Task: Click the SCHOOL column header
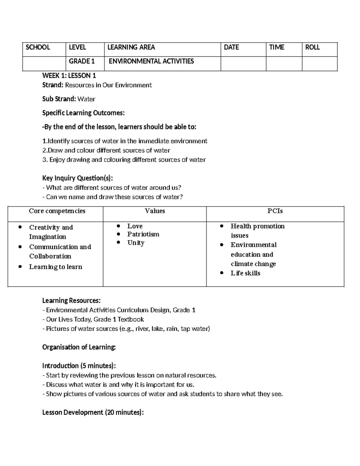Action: pos(38,47)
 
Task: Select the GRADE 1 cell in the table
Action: pos(82,61)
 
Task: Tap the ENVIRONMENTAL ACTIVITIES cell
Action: pos(151,61)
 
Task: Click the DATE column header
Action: pos(231,47)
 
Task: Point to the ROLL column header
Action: pos(312,47)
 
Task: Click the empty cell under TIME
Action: pos(284,64)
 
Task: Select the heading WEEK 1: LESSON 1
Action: pos(69,76)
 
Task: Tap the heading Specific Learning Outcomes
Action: pos(83,113)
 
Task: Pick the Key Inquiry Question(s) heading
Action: pos(78,178)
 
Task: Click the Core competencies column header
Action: pos(57,211)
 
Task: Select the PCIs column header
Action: pos(275,211)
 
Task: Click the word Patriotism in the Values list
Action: pos(143,234)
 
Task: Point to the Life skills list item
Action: pos(245,273)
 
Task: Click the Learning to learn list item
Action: pos(55,267)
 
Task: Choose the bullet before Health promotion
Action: pos(222,226)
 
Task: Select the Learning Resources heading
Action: pos(71,301)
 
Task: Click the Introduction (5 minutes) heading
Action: pos(79,366)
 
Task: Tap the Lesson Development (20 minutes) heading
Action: pos(93,413)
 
